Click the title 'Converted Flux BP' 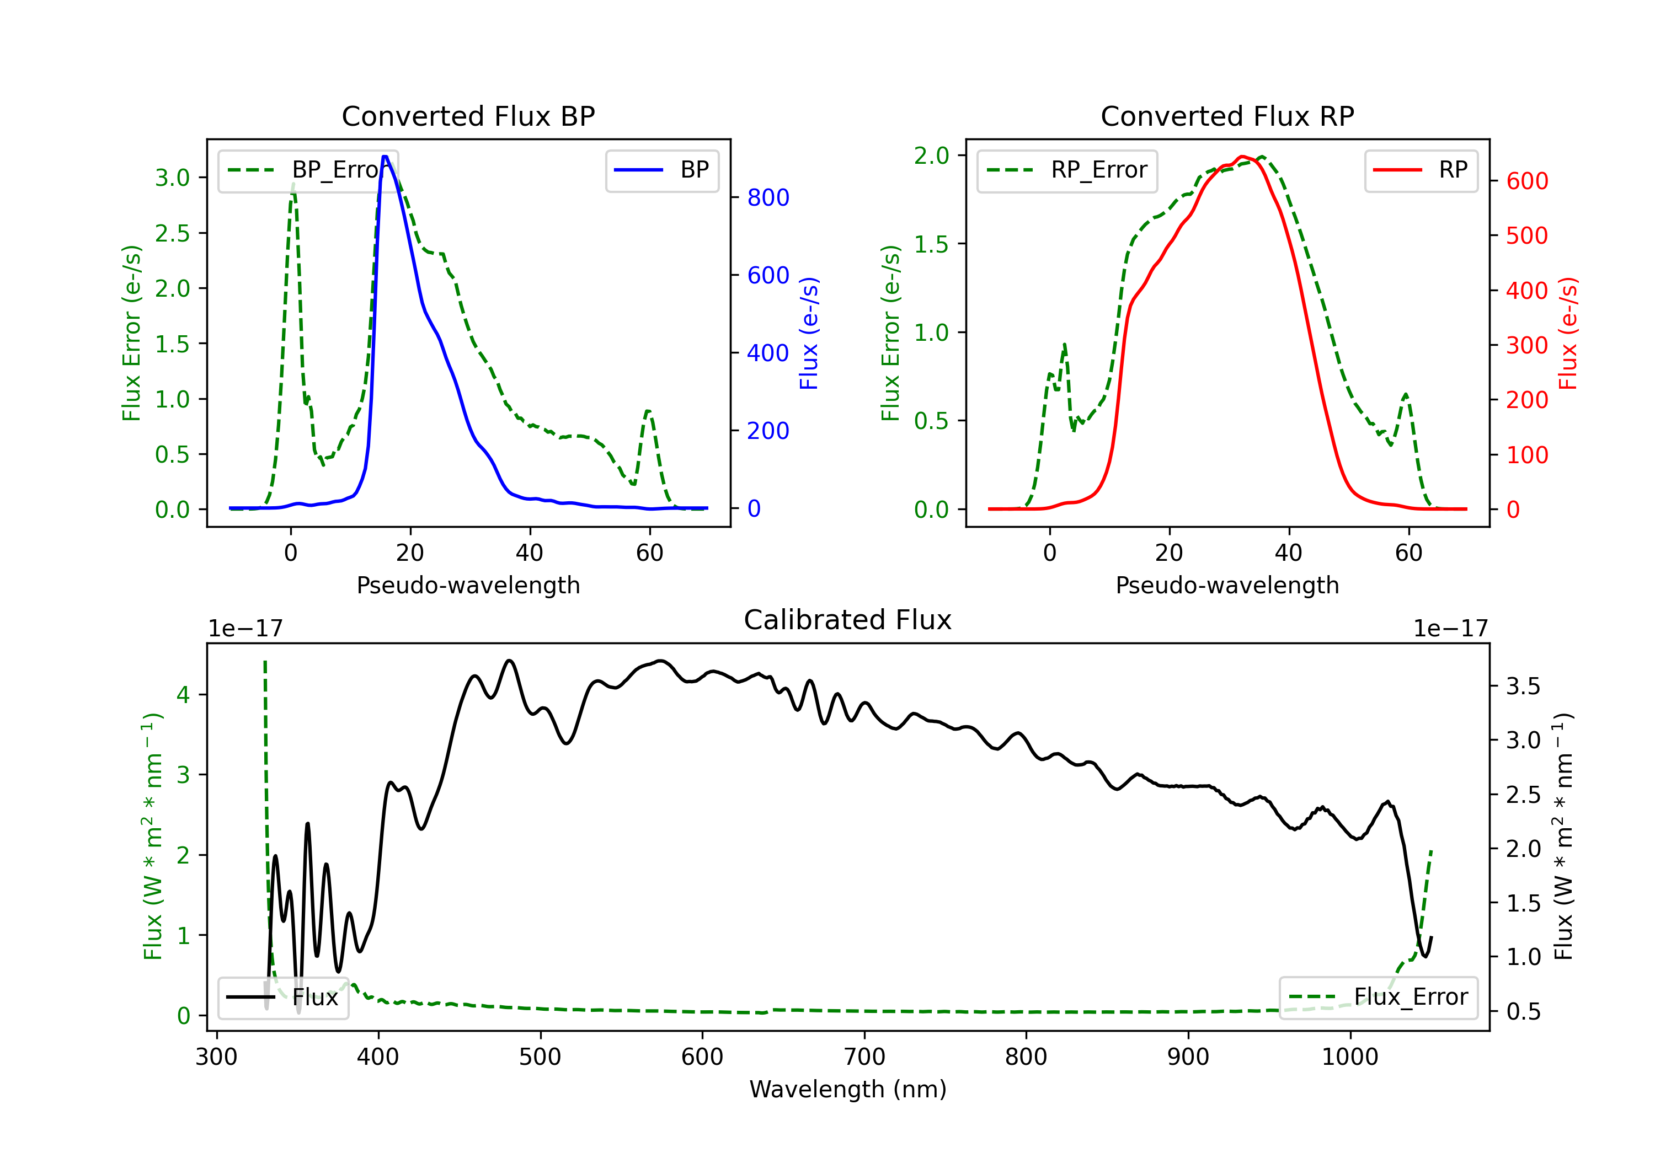coord(468,116)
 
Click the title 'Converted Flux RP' coord(1227,116)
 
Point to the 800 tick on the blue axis coord(768,197)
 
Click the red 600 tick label coord(1526,181)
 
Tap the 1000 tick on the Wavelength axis coord(1349,1057)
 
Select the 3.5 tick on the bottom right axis coord(1523,686)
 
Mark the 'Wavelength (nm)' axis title coord(848,1089)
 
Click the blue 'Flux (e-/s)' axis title coord(809,333)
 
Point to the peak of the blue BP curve coord(385,157)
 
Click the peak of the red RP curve coord(1242,157)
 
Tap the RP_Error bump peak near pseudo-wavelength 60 coord(1406,394)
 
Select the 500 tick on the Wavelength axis coord(540,1057)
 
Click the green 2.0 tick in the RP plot coord(931,156)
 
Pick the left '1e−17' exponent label coord(245,629)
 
